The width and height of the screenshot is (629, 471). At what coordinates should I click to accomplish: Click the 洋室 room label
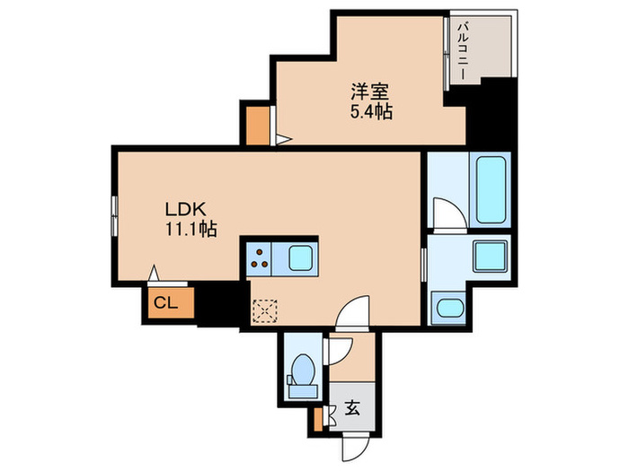pos(369,91)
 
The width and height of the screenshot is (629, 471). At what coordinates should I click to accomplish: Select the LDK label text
pos(182,208)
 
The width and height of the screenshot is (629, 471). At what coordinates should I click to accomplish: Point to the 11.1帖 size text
pos(189,230)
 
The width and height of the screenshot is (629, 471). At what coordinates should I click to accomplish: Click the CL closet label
pos(166,301)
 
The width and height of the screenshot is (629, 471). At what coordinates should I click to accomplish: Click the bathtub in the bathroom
pos(492,189)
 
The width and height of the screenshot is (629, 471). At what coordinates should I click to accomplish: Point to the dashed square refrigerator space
pos(266,311)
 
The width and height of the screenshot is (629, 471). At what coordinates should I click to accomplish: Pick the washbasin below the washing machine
pos(447,308)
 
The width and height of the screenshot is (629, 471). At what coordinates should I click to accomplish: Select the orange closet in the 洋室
pos(256,126)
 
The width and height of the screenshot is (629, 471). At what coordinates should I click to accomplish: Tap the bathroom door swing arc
pos(447,213)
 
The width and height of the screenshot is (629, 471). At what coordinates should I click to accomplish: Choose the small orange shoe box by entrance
pos(317,417)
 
